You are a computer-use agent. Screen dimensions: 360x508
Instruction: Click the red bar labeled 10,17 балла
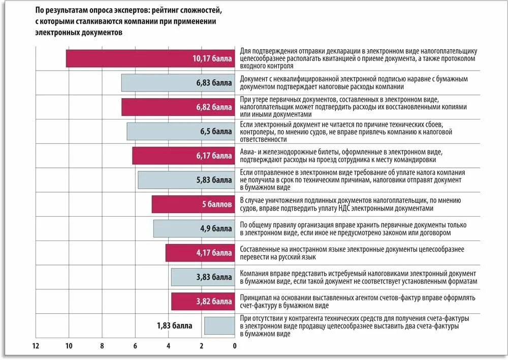[x=150, y=58]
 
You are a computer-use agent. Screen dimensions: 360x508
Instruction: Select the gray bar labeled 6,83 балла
[x=178, y=83]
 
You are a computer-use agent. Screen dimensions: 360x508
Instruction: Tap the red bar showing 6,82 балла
[x=178, y=107]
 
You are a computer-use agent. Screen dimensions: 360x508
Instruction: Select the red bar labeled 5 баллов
[x=194, y=204]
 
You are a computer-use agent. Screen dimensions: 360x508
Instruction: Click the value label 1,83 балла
[x=174, y=325]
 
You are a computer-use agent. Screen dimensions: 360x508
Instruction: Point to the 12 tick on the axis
[x=35, y=346]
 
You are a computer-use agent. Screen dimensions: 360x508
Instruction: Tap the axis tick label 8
[x=102, y=346]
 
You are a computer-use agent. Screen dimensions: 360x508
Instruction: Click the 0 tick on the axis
[x=235, y=346]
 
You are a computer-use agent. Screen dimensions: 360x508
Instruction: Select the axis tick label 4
[x=168, y=346]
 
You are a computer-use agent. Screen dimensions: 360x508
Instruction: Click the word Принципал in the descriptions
[x=258, y=297]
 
